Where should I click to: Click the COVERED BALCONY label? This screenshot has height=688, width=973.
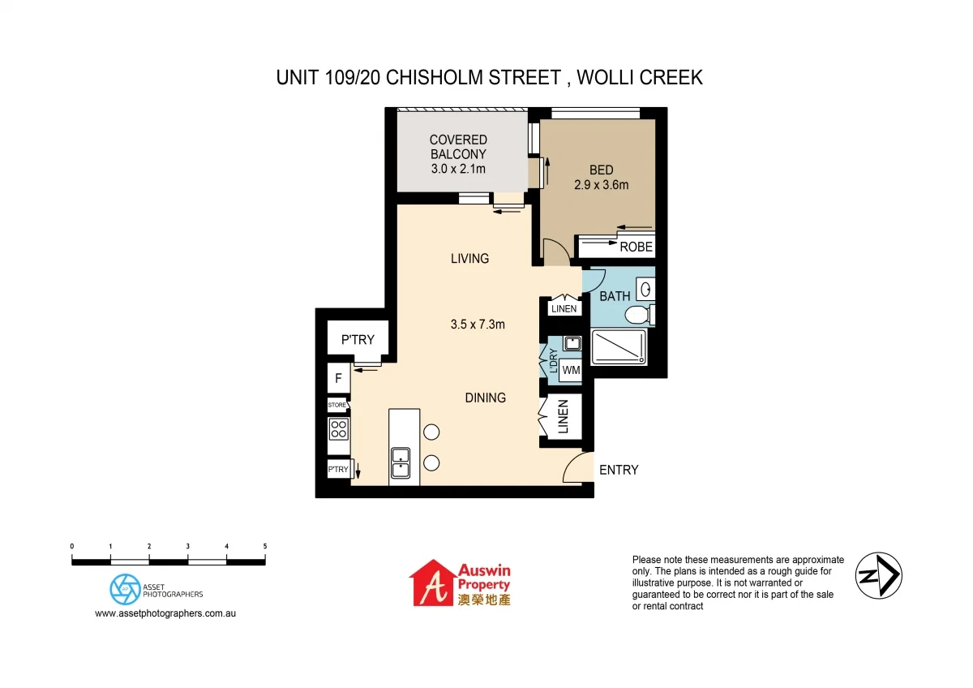[458, 154]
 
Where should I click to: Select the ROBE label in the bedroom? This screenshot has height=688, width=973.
[636, 247]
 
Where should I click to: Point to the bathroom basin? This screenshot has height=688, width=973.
[645, 289]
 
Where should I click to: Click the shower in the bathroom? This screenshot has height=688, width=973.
[619, 347]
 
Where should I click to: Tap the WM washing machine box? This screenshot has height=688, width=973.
[571, 371]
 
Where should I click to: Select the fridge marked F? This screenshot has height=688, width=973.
[338, 379]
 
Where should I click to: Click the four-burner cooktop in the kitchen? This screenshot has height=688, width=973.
[338, 428]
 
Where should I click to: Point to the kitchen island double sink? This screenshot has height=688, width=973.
[401, 462]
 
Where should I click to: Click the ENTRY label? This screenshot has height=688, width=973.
[619, 470]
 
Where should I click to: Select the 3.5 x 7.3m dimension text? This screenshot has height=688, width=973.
[478, 325]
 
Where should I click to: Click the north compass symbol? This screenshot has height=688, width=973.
[879, 575]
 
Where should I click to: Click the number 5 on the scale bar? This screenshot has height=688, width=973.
[265, 547]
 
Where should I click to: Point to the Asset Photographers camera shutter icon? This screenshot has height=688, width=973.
[124, 589]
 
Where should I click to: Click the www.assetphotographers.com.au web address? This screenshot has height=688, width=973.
[165, 613]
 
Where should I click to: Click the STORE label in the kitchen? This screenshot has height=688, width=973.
[337, 404]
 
